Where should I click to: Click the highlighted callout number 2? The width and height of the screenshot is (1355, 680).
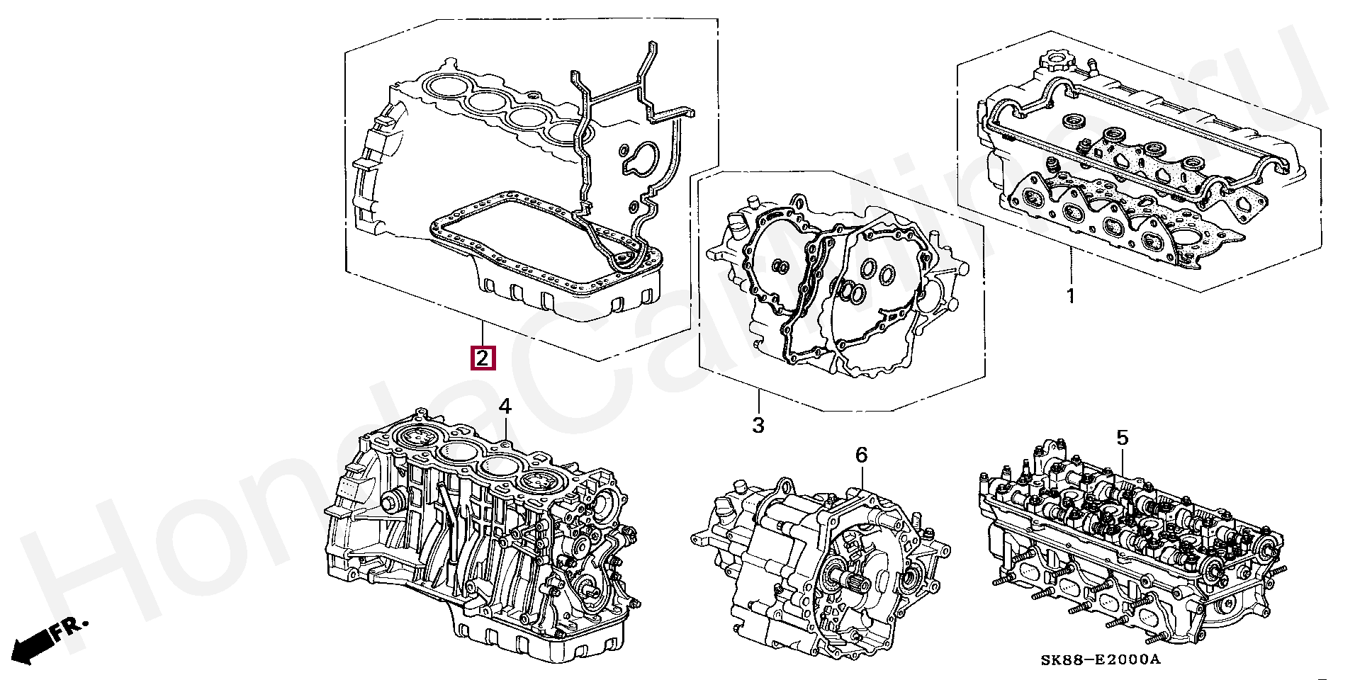point(482,358)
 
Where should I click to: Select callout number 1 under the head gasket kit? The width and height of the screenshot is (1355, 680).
point(1070,296)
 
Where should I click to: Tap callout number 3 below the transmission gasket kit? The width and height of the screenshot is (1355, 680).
point(758,426)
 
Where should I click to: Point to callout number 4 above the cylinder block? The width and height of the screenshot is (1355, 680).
point(504,407)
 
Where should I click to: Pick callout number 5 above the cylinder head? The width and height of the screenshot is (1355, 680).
point(1122,438)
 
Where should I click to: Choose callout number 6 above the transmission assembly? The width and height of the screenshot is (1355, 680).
point(860,455)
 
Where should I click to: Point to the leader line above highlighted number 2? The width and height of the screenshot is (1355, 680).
point(482,333)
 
